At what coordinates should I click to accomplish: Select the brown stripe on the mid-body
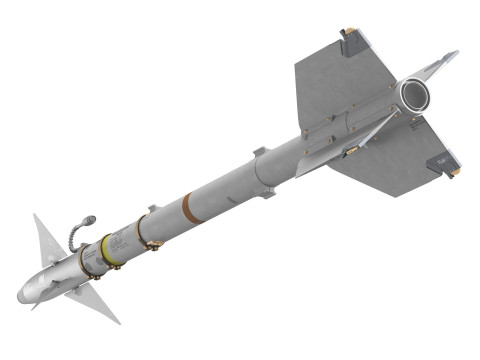pos(189,207)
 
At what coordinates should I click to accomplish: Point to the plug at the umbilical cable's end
pos(90,217)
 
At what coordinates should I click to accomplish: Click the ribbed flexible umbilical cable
pos(74,234)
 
